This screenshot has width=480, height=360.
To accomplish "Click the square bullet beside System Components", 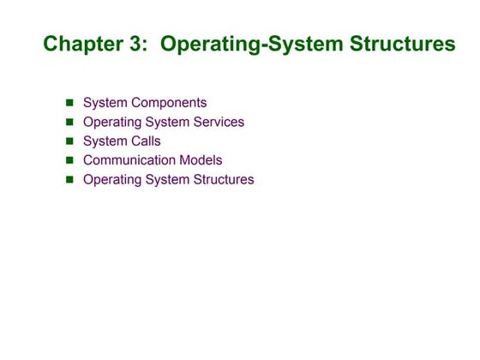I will tap(70, 103).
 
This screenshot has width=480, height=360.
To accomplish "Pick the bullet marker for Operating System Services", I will tap(70, 122).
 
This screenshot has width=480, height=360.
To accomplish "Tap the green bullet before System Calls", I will tap(70, 141).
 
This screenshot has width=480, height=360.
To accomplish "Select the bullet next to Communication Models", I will tap(70, 160).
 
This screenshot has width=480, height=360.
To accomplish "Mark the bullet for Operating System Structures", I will tap(70, 180).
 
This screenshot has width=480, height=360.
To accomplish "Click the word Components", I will tap(169, 103).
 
